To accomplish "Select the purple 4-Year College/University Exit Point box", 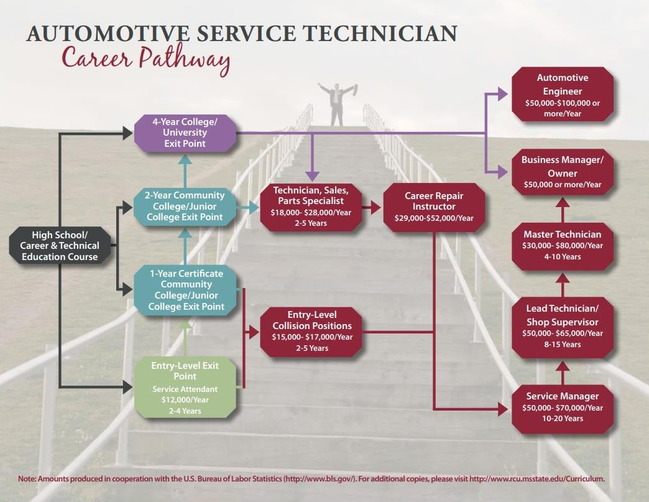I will tap(185, 132).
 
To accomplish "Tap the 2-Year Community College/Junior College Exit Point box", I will tap(185, 206).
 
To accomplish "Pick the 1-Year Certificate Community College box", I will tap(185, 290).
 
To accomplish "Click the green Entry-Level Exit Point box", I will tap(185, 388).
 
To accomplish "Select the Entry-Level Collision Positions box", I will tap(311, 331).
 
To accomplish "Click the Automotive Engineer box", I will tap(562, 95).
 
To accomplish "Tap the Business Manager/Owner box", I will tap(562, 172).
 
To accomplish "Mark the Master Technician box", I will tap(562, 245).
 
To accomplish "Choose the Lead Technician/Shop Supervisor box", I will tap(562, 327).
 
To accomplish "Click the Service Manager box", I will tap(562, 407).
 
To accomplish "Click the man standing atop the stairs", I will tap(336, 103).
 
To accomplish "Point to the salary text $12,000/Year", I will tap(185, 400).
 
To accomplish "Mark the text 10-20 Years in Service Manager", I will tap(562, 419).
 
